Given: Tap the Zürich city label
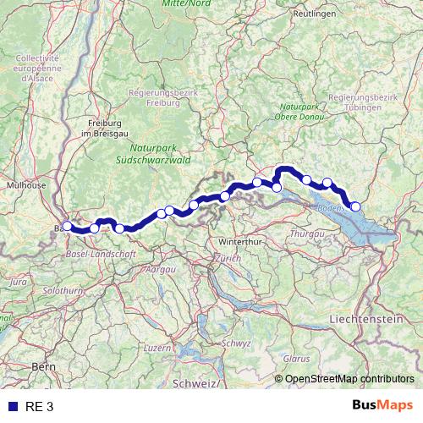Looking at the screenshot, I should (x=228, y=258).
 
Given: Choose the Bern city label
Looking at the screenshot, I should (x=42, y=366).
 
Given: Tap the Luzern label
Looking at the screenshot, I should (x=158, y=347).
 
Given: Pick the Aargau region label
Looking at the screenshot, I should (x=161, y=268).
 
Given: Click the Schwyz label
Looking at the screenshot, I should (x=237, y=343).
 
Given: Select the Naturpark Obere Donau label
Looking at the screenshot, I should (x=300, y=112).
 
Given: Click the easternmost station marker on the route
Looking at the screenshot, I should (x=355, y=206).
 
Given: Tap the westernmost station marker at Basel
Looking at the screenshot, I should (x=67, y=226).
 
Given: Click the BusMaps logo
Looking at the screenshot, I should (x=383, y=406).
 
